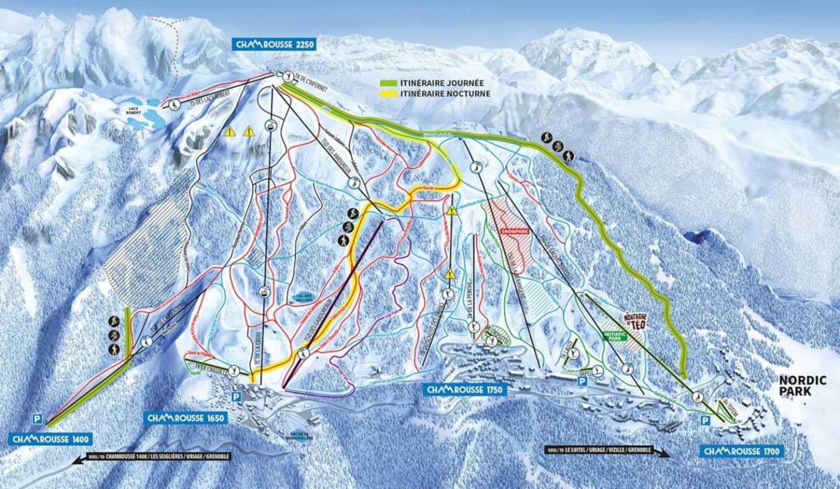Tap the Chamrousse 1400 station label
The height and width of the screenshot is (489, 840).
click(x=50, y=438)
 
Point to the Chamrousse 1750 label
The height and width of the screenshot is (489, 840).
click(x=464, y=389)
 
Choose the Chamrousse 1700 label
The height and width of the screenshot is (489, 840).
click(x=740, y=451)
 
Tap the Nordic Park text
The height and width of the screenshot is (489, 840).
click(x=803, y=386)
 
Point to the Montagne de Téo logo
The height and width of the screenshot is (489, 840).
click(x=635, y=321)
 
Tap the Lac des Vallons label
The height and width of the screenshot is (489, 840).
click(x=303, y=297)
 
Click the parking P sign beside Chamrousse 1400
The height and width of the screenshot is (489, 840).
click(x=37, y=418)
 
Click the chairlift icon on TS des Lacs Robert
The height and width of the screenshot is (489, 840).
click(x=174, y=104)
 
